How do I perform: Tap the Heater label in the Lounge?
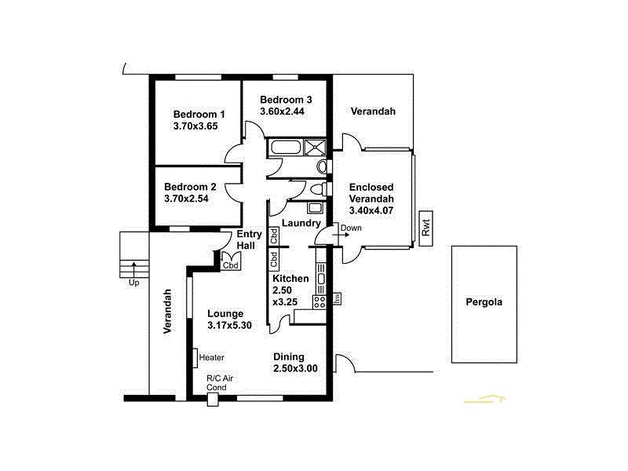tap(212, 357)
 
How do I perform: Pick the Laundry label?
tap(301, 223)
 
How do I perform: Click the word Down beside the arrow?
tap(352, 228)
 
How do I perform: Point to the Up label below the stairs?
tap(133, 283)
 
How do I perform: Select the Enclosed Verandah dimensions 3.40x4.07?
tap(371, 210)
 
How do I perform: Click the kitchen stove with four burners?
tap(319, 302)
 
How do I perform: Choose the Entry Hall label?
tap(247, 240)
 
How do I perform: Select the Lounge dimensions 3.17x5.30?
tap(229, 326)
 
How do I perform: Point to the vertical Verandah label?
tap(167, 312)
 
